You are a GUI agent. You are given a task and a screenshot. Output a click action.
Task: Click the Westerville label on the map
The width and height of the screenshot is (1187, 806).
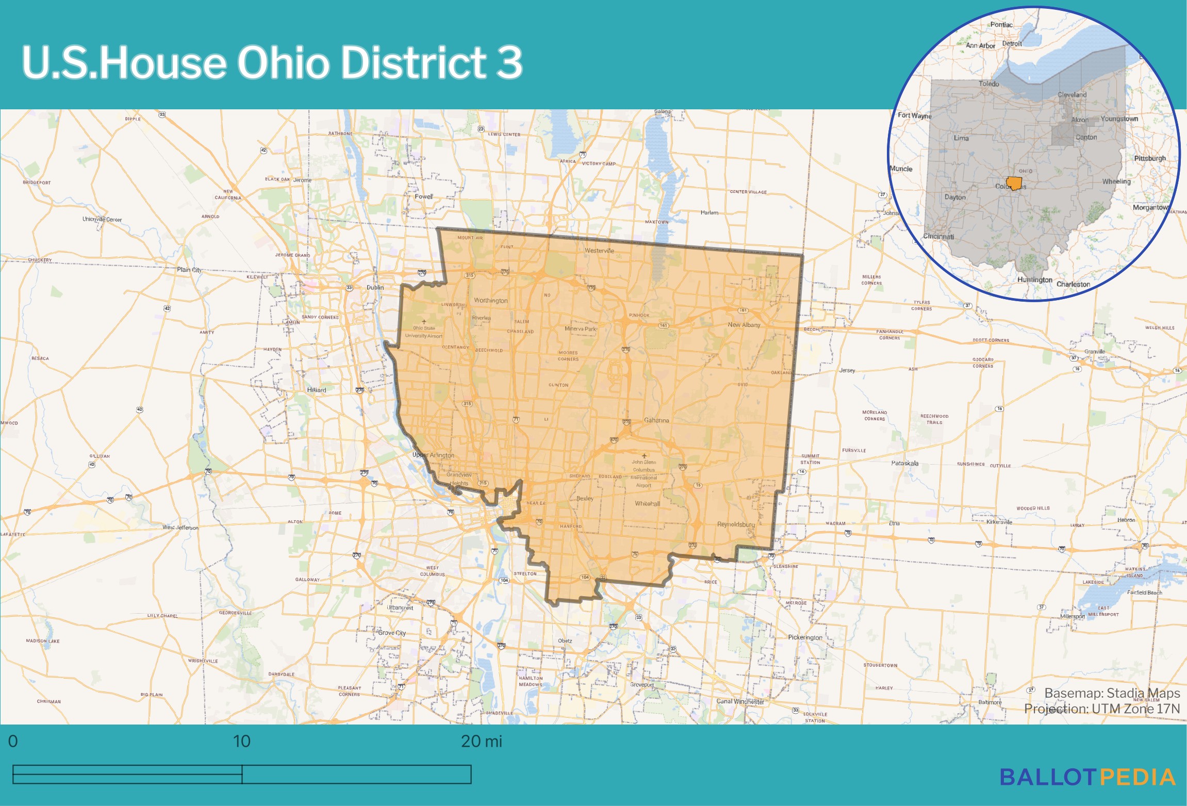pyautogui.click(x=599, y=251)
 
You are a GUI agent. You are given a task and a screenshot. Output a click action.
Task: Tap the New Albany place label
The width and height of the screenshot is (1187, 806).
pyautogui.click(x=744, y=325)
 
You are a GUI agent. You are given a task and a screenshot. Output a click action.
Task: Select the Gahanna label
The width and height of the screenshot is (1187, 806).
pyautogui.click(x=656, y=420)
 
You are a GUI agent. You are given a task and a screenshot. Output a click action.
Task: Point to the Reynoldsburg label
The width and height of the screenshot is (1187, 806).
pyautogui.click(x=735, y=524)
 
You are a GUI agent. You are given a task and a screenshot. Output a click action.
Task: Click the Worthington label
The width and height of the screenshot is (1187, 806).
pyautogui.click(x=490, y=301)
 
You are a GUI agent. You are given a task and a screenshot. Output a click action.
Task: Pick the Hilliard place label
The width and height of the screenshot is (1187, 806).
pyautogui.click(x=317, y=390)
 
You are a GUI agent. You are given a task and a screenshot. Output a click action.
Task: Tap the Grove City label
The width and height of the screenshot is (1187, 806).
pyautogui.click(x=392, y=633)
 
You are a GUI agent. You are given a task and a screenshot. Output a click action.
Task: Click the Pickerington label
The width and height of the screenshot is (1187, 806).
pyautogui.click(x=805, y=637)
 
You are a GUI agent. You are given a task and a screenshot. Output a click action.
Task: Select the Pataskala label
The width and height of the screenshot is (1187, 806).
pyautogui.click(x=904, y=463)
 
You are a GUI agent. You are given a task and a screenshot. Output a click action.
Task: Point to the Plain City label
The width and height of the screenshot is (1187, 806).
pyautogui.click(x=189, y=270)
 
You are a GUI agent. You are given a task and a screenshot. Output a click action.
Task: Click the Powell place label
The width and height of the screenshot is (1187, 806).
pyautogui.click(x=424, y=196)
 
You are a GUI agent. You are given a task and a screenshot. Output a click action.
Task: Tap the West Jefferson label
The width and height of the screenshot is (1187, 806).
pyautogui.click(x=180, y=527)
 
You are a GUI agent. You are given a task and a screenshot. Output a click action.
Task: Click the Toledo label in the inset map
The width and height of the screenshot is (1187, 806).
pyautogui.click(x=988, y=84)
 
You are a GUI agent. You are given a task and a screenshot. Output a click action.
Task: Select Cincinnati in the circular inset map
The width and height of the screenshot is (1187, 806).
pyautogui.click(x=938, y=236)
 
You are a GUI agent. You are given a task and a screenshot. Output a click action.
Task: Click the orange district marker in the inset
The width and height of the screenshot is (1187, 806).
pyautogui.click(x=1014, y=183)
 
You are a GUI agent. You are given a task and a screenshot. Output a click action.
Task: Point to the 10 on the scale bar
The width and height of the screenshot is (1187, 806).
pyautogui.click(x=241, y=741)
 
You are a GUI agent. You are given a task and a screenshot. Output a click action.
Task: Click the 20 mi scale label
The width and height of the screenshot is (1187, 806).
pyautogui.click(x=481, y=741)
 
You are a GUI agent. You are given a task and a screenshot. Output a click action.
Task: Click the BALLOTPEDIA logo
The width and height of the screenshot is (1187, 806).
pyautogui.click(x=1087, y=777)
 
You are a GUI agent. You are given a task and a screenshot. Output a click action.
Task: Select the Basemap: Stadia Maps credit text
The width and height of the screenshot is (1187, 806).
pyautogui.click(x=1112, y=693)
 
